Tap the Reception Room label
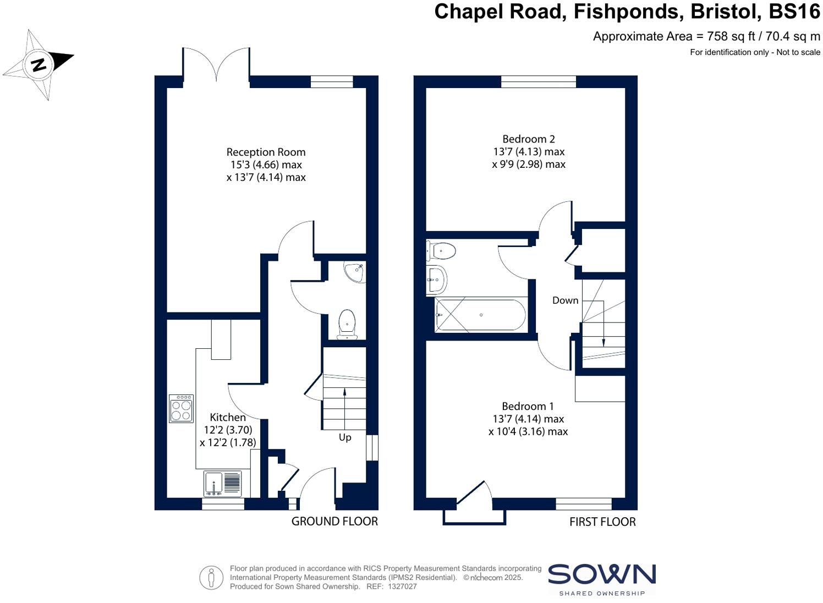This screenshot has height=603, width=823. [x=266, y=152]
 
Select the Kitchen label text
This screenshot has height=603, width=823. [x=228, y=418]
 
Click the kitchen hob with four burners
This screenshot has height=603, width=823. [x=182, y=408]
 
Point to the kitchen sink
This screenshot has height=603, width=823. [x=223, y=484]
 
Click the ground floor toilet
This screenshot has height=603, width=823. [x=347, y=324]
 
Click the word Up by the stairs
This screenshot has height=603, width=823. [x=345, y=437]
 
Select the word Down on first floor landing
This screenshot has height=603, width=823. [x=566, y=300]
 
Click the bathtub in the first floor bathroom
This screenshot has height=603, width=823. [x=481, y=315]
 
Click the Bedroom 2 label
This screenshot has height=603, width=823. [x=524, y=139]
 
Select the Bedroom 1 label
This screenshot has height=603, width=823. [x=528, y=406]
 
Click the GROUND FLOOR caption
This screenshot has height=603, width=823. [x=334, y=522]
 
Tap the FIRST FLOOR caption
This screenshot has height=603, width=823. [x=602, y=522]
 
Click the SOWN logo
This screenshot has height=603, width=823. [x=602, y=575]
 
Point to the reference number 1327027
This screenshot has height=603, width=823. [x=402, y=586]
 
